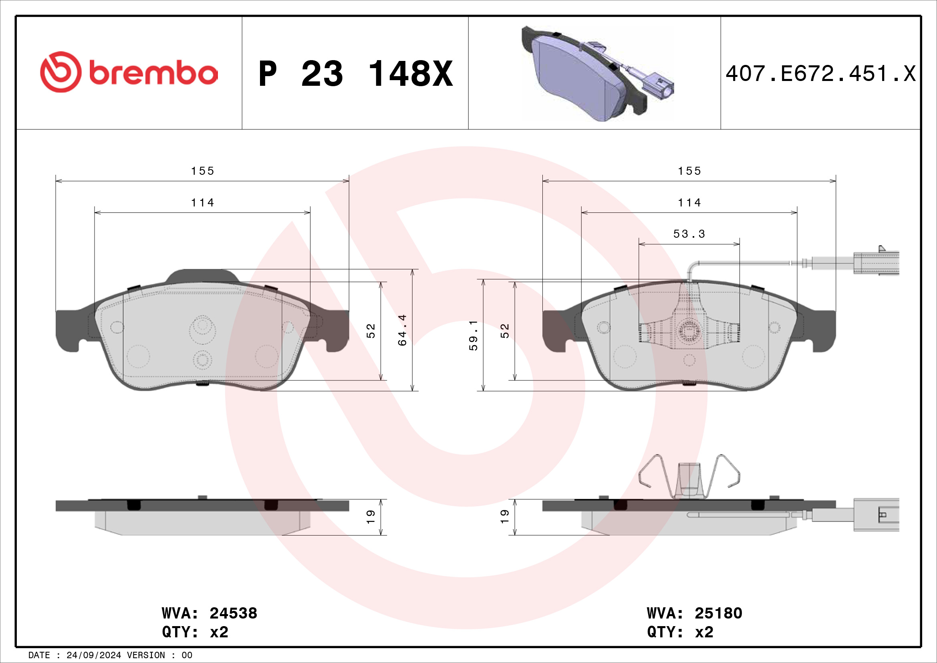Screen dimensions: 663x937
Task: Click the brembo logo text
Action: click(153, 73)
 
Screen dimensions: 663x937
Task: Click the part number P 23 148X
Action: click(355, 74)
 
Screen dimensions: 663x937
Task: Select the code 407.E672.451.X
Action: click(820, 74)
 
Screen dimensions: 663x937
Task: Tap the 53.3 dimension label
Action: click(689, 234)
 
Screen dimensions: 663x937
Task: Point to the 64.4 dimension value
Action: click(402, 330)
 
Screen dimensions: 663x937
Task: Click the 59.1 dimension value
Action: click(473, 335)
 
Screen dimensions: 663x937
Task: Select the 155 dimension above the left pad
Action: click(202, 171)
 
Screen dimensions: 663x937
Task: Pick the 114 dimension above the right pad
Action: click(689, 202)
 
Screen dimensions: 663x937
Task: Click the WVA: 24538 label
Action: click(210, 613)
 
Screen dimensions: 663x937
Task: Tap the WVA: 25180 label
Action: click(694, 613)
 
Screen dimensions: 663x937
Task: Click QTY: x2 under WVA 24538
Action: click(195, 632)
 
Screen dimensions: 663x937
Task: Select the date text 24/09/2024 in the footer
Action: click(93, 655)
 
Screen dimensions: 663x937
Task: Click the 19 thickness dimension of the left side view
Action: click(371, 517)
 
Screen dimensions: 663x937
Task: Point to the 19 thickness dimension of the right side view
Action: click(505, 517)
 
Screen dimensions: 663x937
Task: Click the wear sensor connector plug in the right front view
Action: click(875, 263)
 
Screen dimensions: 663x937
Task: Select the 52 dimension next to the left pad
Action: click(371, 331)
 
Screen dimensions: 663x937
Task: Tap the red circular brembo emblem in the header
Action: click(60, 72)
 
